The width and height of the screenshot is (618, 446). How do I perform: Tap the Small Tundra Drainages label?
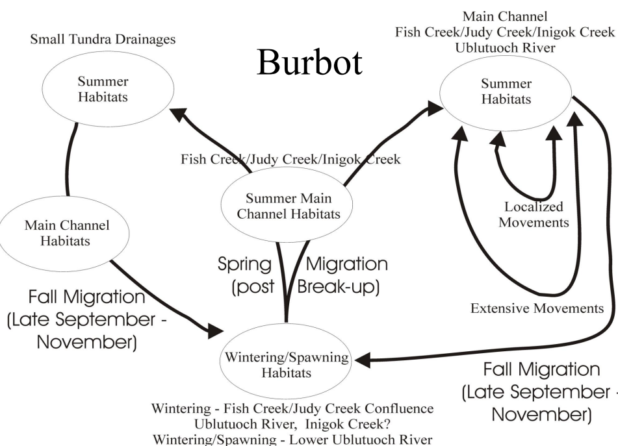click(x=105, y=40)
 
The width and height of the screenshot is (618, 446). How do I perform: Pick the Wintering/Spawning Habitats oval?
click(x=286, y=365)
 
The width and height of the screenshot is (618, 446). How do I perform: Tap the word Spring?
click(x=244, y=265)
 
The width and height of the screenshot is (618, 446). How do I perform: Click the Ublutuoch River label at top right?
click(x=506, y=47)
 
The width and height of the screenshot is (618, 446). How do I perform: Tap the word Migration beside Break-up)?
click(x=346, y=265)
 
